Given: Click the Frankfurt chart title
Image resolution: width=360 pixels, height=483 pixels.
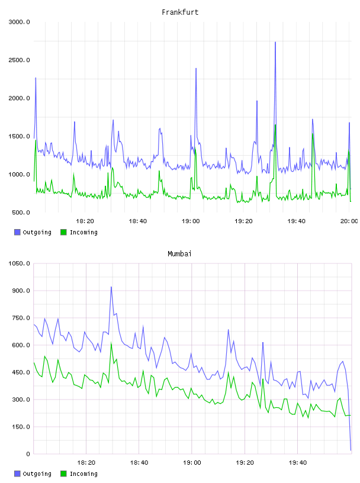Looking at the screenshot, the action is [x=180, y=12].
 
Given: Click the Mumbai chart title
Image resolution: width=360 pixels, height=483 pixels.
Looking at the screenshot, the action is [x=179, y=254].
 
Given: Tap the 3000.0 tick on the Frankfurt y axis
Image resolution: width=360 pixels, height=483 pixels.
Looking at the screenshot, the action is [x=19, y=22].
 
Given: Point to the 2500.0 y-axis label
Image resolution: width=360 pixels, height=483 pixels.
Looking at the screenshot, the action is [x=19, y=60].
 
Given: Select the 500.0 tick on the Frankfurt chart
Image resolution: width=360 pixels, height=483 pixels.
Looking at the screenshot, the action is [x=21, y=212].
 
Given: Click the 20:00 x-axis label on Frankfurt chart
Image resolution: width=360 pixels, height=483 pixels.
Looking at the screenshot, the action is [x=349, y=221].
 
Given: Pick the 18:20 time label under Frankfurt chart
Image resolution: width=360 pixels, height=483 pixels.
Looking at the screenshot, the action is [x=85, y=221].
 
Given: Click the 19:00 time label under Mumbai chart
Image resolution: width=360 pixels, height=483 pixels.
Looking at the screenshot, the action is [x=192, y=463].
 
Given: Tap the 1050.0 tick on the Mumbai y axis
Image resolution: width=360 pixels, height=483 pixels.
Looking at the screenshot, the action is [x=19, y=263].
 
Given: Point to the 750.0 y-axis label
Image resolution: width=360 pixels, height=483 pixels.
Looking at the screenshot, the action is [x=21, y=318].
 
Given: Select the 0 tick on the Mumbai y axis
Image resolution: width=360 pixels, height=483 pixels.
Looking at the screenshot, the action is [x=28, y=454].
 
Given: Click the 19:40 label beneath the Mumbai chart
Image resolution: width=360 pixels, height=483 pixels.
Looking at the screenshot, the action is [x=298, y=463].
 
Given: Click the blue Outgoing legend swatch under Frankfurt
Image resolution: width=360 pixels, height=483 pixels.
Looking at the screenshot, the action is [x=17, y=232].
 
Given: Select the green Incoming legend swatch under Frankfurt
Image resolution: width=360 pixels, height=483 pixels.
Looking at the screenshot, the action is [x=63, y=232].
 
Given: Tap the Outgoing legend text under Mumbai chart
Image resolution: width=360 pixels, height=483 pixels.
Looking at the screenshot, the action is [x=37, y=474].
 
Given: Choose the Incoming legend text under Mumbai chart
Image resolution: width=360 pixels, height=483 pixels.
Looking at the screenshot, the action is [x=83, y=474].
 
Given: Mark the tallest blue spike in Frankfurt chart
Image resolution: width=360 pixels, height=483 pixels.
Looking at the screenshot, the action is [x=275, y=42].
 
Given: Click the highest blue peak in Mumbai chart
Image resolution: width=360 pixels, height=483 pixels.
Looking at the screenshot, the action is [x=111, y=287].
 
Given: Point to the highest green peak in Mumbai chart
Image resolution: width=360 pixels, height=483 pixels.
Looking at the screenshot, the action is [x=111, y=343].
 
